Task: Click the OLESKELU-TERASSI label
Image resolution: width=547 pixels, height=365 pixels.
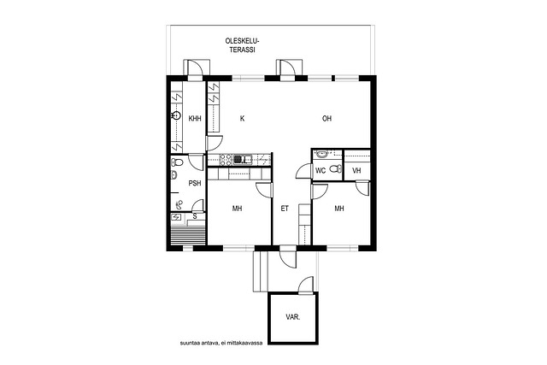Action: (x=243, y=45)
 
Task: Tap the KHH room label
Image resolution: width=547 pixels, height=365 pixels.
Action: (x=195, y=119)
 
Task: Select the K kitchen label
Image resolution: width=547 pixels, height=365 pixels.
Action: (x=242, y=119)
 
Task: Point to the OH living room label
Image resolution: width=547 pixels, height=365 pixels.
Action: (x=326, y=119)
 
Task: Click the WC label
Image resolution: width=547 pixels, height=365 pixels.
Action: (x=321, y=171)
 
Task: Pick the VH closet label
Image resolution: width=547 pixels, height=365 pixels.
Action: (x=356, y=171)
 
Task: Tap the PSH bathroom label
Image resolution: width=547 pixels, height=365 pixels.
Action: (x=195, y=183)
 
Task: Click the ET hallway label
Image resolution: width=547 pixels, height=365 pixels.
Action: (x=285, y=209)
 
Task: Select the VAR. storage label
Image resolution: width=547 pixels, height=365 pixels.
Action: (x=292, y=317)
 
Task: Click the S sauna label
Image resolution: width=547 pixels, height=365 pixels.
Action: (x=195, y=216)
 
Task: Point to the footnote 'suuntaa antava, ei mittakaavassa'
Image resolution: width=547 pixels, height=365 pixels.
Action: (x=221, y=343)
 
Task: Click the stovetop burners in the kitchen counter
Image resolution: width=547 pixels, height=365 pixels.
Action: (x=226, y=160)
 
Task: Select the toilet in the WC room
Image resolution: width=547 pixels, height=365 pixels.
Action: (x=336, y=169)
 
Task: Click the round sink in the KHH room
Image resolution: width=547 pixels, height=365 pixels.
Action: (x=177, y=115)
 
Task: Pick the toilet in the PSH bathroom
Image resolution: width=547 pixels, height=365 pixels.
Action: (x=178, y=162)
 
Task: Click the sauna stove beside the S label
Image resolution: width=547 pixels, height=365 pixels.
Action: (x=177, y=217)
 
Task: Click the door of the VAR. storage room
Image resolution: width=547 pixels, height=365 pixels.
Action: (x=306, y=285)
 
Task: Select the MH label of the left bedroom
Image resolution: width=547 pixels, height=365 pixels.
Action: (x=238, y=209)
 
